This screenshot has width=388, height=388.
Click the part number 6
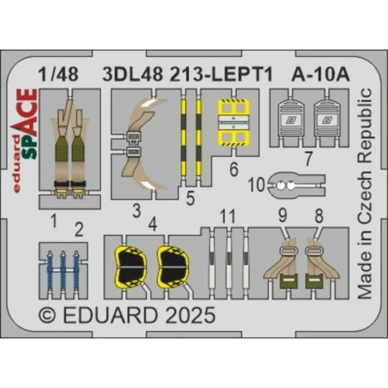click(235, 171)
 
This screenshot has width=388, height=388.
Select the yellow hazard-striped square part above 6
click(236, 121)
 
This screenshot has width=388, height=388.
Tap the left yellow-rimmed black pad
click(131, 262)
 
